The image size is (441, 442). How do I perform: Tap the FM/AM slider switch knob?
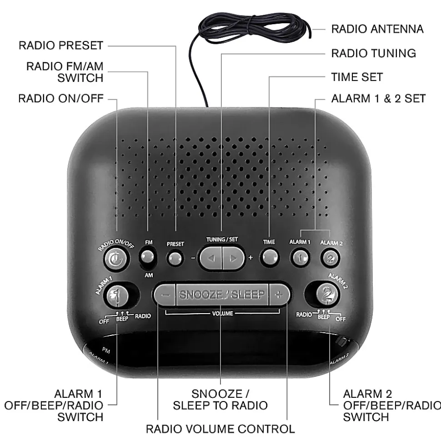click(x=147, y=257)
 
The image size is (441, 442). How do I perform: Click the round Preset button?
click(x=175, y=259)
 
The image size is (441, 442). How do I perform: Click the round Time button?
click(x=270, y=257)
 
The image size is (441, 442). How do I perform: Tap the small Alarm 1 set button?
click(x=300, y=258)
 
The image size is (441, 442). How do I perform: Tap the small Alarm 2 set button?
click(x=331, y=258)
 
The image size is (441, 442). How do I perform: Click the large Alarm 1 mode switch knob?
click(x=117, y=296)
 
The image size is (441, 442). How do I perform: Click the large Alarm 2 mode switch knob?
click(x=327, y=295)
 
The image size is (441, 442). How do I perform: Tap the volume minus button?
click(x=165, y=295)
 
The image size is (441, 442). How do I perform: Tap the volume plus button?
click(x=279, y=295)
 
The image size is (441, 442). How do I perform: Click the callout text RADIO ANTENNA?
click(x=377, y=29)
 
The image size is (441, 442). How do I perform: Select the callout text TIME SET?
click(x=357, y=77)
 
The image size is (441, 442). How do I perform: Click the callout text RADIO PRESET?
click(x=61, y=46)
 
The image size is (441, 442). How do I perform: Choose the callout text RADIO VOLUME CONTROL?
click(x=220, y=429)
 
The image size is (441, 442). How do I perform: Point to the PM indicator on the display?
click(x=106, y=351)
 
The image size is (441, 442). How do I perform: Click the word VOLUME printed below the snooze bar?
click(x=222, y=314)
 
